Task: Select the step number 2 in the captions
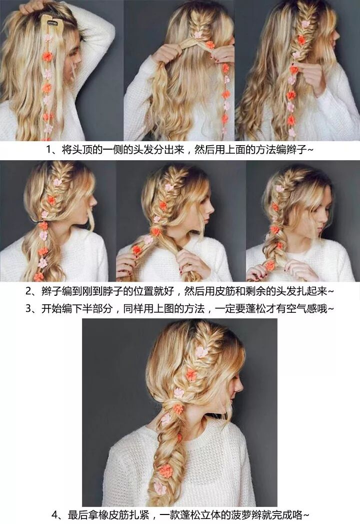point(28,291)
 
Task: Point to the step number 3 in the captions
point(28,308)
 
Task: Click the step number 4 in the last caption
point(55,514)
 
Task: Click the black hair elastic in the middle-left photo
point(41,221)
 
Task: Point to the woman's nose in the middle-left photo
point(95,201)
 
